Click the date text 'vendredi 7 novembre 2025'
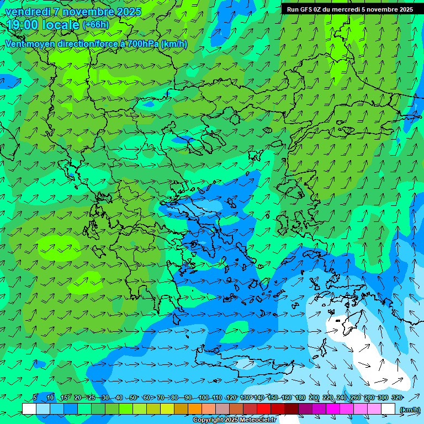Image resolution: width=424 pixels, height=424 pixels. (x=73, y=12)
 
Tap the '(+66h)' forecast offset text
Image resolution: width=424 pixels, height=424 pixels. (x=96, y=25)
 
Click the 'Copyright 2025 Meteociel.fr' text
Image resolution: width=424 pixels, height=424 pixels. (x=234, y=420)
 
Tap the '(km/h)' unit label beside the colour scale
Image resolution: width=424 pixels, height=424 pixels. (x=409, y=409)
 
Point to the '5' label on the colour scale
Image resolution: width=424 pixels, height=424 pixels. (x=35, y=397)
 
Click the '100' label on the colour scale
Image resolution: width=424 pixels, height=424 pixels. (x=204, y=397)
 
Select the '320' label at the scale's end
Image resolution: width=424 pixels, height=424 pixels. (x=396, y=397)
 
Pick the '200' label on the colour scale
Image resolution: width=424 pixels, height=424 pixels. (x=314, y=397)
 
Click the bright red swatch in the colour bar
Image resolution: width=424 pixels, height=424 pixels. (x=264, y=409)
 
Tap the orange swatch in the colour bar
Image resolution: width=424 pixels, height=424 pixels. (x=195, y=409)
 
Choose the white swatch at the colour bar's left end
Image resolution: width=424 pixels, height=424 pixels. (x=29, y=409)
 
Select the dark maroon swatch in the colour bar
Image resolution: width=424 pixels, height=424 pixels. (x=291, y=409)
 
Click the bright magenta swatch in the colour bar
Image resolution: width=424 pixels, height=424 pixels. (x=333, y=409)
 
